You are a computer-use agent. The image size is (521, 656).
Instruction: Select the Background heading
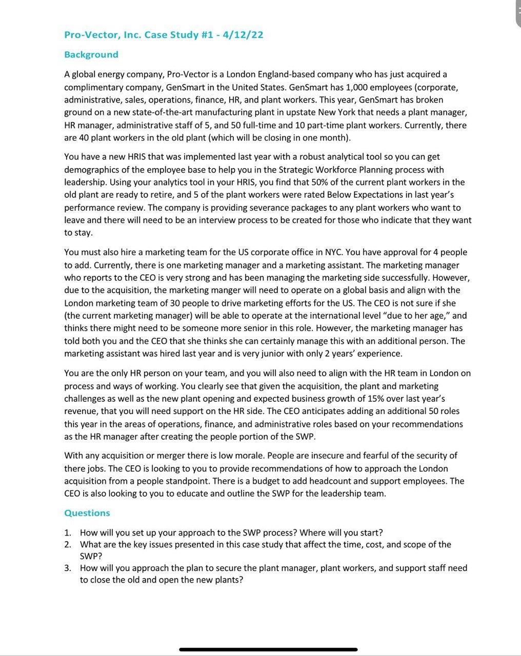click(91, 54)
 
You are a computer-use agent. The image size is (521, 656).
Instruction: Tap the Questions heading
click(87, 513)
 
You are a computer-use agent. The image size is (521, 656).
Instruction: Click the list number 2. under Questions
click(68, 544)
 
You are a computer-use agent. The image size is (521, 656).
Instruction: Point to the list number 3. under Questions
click(68, 568)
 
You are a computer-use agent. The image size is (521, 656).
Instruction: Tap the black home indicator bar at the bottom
click(268, 649)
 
